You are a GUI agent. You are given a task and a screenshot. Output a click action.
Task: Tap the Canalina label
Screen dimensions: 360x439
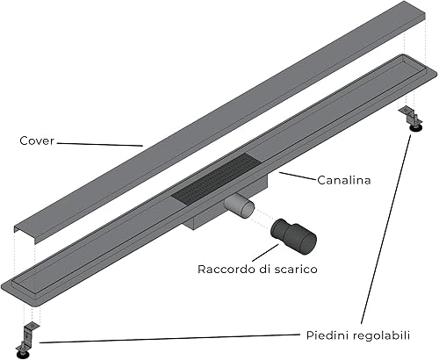pos(344,180)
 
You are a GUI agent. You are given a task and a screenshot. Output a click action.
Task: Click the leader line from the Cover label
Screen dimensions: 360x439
pos(97,142)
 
